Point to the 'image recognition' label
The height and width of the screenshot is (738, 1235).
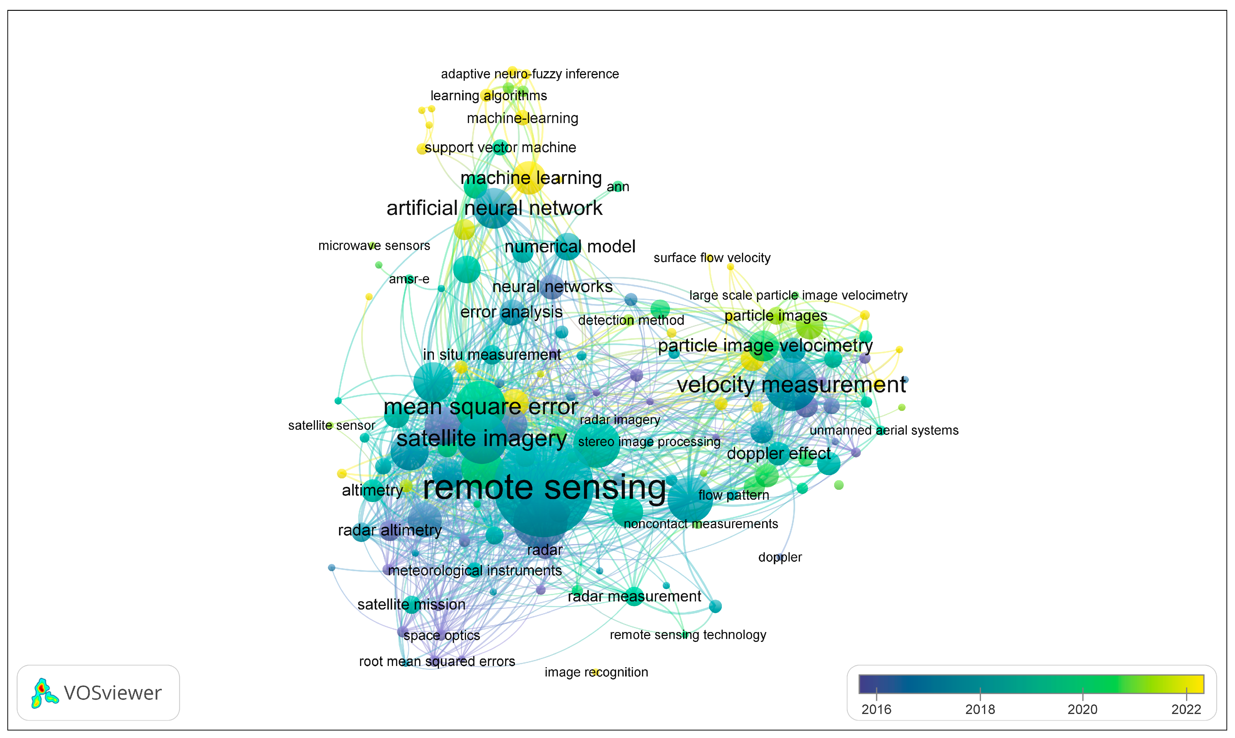[x=596, y=672]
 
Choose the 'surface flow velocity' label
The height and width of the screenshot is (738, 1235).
[x=711, y=258]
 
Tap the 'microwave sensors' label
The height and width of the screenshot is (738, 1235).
[x=374, y=246]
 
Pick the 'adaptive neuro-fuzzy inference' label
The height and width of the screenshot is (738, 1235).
[x=530, y=74]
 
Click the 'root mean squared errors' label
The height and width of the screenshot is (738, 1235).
[x=437, y=661]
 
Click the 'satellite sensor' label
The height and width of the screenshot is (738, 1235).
[x=331, y=426]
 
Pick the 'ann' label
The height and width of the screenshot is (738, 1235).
[x=618, y=187]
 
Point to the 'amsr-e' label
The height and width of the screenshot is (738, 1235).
[x=409, y=279]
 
